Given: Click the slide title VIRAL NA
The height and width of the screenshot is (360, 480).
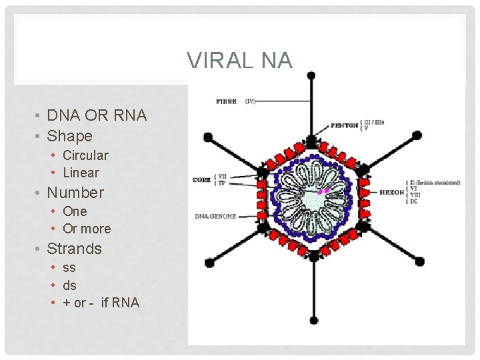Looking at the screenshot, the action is [239, 60].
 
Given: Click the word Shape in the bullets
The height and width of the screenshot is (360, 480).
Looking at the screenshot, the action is [69, 136].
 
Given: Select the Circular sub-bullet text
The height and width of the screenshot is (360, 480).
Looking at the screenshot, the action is [85, 155].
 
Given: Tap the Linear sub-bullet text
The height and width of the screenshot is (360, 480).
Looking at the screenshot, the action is [81, 173].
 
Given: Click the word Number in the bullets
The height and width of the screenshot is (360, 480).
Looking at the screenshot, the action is [75, 193].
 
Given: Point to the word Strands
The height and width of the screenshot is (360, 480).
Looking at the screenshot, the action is [74, 249].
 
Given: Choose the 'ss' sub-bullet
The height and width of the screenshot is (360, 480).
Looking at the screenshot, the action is [69, 267].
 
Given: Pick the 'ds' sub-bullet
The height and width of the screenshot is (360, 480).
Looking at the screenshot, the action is [69, 285].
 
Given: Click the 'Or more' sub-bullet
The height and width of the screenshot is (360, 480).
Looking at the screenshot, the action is [87, 229].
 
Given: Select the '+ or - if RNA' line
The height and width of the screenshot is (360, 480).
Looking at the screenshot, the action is [101, 303].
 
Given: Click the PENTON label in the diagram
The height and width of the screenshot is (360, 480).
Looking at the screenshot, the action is [345, 125].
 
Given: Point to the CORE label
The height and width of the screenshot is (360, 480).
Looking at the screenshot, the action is [202, 179].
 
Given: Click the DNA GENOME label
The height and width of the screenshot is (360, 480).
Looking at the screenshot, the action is [215, 217].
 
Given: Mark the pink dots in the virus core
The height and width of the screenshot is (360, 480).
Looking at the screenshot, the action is [323, 191].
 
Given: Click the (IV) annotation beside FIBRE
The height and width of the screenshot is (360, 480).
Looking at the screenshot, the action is [250, 102].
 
